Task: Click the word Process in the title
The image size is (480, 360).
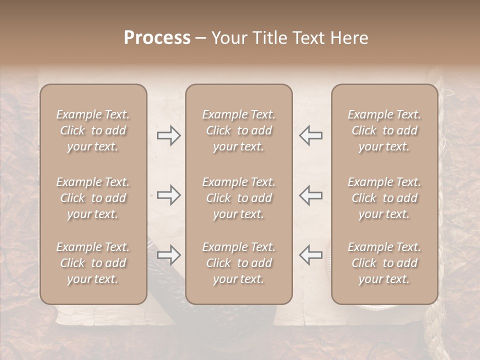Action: pos(157,38)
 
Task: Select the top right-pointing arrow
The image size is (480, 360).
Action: pos(168,135)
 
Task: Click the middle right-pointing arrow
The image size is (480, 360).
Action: pos(168,195)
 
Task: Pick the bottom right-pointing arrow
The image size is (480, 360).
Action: pos(168,255)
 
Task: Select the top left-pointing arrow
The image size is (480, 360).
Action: pos(310,135)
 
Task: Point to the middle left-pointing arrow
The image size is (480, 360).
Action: pos(310,195)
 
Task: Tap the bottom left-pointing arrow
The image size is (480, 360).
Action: pos(310,255)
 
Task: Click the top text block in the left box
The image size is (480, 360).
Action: pos(93,130)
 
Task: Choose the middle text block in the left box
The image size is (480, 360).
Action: pos(93,198)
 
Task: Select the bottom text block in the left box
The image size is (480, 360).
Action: pos(93,263)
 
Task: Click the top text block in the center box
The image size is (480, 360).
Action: pos(238,130)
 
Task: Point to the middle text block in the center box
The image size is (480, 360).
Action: pos(238,198)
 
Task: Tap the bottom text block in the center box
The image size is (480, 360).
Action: pos(238,263)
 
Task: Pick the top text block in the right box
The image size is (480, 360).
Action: pos(384,130)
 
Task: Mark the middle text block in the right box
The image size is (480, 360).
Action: pos(384,198)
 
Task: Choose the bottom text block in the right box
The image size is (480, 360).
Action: pos(384,263)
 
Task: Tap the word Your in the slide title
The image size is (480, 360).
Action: pos(226,38)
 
